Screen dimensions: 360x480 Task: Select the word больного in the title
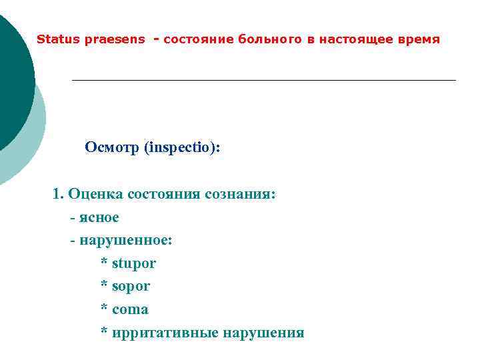pos(270,39)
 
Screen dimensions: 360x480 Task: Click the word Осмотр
pos(112,147)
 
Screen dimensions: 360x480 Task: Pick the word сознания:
pos(240,194)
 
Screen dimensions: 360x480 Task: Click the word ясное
pos(99,217)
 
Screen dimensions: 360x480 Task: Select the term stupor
pos(134,263)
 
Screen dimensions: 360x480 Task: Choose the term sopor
pos(131,287)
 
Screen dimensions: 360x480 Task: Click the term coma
pos(131,310)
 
